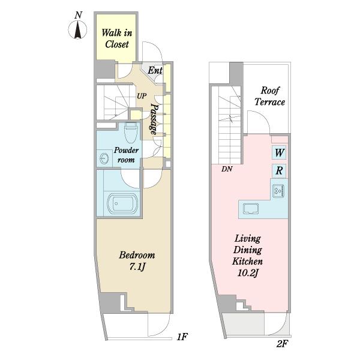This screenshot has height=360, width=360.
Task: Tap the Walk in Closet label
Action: click(x=117, y=38)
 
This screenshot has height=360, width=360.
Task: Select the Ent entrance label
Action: click(x=155, y=70)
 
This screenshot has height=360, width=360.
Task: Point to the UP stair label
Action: click(x=142, y=96)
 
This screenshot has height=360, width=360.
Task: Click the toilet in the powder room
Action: click(x=131, y=132)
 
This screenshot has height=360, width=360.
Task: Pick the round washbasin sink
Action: click(x=104, y=158)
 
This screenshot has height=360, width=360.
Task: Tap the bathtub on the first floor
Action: click(x=122, y=204)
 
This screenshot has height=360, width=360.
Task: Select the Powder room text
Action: click(x=126, y=155)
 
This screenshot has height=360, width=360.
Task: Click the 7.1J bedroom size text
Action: click(x=137, y=266)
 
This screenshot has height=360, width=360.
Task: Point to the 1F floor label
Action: click(x=182, y=337)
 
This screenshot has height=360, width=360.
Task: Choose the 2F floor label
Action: click(x=282, y=344)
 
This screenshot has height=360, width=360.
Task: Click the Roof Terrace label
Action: click(x=270, y=96)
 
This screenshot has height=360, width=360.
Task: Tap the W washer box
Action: click(x=279, y=152)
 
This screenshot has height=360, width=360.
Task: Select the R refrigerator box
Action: click(x=279, y=171)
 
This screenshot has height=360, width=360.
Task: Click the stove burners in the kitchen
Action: click(x=278, y=191)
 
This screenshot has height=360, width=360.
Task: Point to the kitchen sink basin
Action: click(x=251, y=209)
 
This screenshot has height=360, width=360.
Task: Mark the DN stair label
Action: click(x=227, y=169)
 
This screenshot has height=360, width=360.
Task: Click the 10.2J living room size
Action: click(x=248, y=273)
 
